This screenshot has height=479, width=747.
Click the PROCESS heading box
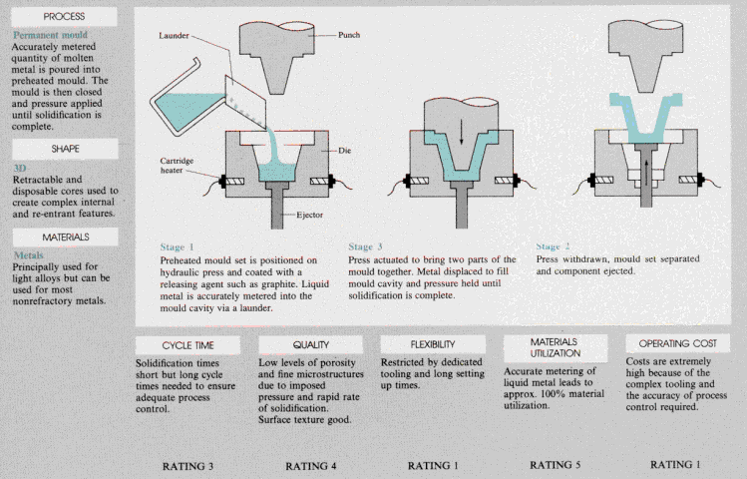pyautogui.click(x=63, y=17)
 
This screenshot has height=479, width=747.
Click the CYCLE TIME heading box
pyautogui.click(x=189, y=344)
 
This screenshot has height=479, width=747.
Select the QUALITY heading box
pyautogui.click(x=310, y=344)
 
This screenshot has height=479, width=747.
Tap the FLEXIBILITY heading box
pyautogui.click(x=433, y=344)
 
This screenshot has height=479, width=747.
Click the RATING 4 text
pyautogui.click(x=311, y=465)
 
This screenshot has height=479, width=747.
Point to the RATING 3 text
pyautogui.click(x=188, y=465)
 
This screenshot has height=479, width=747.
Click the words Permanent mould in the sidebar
pyautogui.click(x=51, y=35)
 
